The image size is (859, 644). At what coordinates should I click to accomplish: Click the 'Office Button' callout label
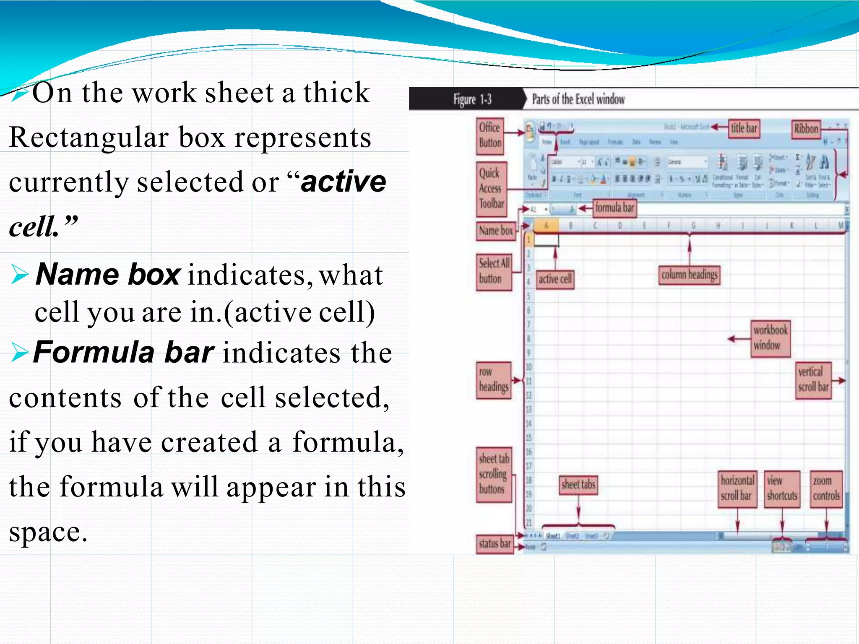pos(490,135)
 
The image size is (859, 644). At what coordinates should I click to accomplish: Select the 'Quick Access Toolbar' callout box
pos(491,189)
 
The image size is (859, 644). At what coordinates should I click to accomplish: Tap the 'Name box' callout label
pos(496,231)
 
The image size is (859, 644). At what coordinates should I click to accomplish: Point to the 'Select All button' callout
pos(494,271)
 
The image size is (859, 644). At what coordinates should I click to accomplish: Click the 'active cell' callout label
pos(555,279)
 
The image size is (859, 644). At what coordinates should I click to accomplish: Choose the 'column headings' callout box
pos(689,275)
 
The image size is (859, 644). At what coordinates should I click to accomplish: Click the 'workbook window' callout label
pos(770,338)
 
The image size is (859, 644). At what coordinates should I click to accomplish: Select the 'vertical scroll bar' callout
pos(813,380)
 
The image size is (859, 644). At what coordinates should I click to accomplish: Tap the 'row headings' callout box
pos(493,380)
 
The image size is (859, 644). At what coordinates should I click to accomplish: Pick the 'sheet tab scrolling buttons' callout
pos(494,474)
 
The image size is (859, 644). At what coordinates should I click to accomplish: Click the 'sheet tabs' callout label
pos(578,485)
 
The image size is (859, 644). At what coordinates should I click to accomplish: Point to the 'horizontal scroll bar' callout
pos(737,488)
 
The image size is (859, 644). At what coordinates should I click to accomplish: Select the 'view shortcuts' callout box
pos(782,488)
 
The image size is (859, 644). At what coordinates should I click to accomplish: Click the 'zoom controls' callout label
pos(826,488)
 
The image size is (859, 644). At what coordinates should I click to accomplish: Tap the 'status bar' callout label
pos(495,544)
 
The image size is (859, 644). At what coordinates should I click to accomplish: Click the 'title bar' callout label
pos(744,128)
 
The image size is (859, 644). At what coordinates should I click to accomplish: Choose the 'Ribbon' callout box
pos(806,129)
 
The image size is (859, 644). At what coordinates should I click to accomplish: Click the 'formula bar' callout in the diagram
pos(614,208)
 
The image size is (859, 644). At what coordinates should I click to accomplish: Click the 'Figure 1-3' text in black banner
pos(472,99)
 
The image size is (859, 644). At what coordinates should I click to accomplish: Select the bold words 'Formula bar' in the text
pos(124,352)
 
